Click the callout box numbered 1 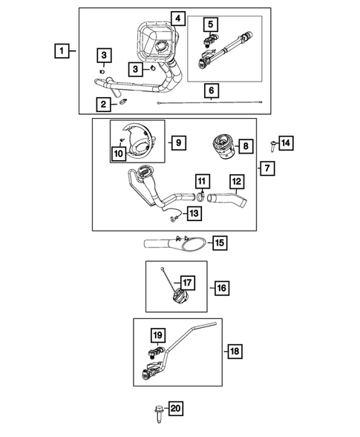point(62,50)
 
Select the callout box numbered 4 point(178,19)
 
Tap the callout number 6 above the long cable point(212,91)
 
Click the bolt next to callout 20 point(158,414)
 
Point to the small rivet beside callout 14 point(272,145)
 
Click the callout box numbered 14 point(286,143)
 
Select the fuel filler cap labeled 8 point(224,146)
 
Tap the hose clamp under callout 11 point(201,196)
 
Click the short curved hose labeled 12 point(228,200)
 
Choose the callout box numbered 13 point(194,214)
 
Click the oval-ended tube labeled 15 point(175,243)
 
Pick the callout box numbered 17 point(187,283)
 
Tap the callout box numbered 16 point(222,288)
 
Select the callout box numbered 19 point(158,335)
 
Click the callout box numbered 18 point(235,351)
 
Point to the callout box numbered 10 point(119,154)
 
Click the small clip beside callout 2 point(123,102)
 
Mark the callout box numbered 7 point(267,168)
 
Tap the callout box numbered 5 point(211,24)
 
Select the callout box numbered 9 point(178,142)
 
